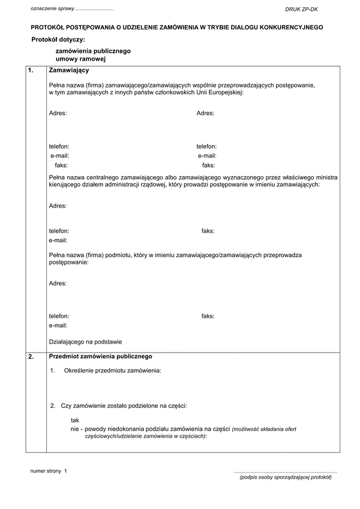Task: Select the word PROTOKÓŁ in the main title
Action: click(49, 27)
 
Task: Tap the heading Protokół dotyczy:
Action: click(58, 40)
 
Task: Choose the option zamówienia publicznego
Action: click(93, 52)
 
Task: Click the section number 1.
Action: click(31, 71)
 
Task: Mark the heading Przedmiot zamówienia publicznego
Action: click(100, 356)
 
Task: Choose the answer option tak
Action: click(75, 420)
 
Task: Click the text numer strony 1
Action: click(49, 471)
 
